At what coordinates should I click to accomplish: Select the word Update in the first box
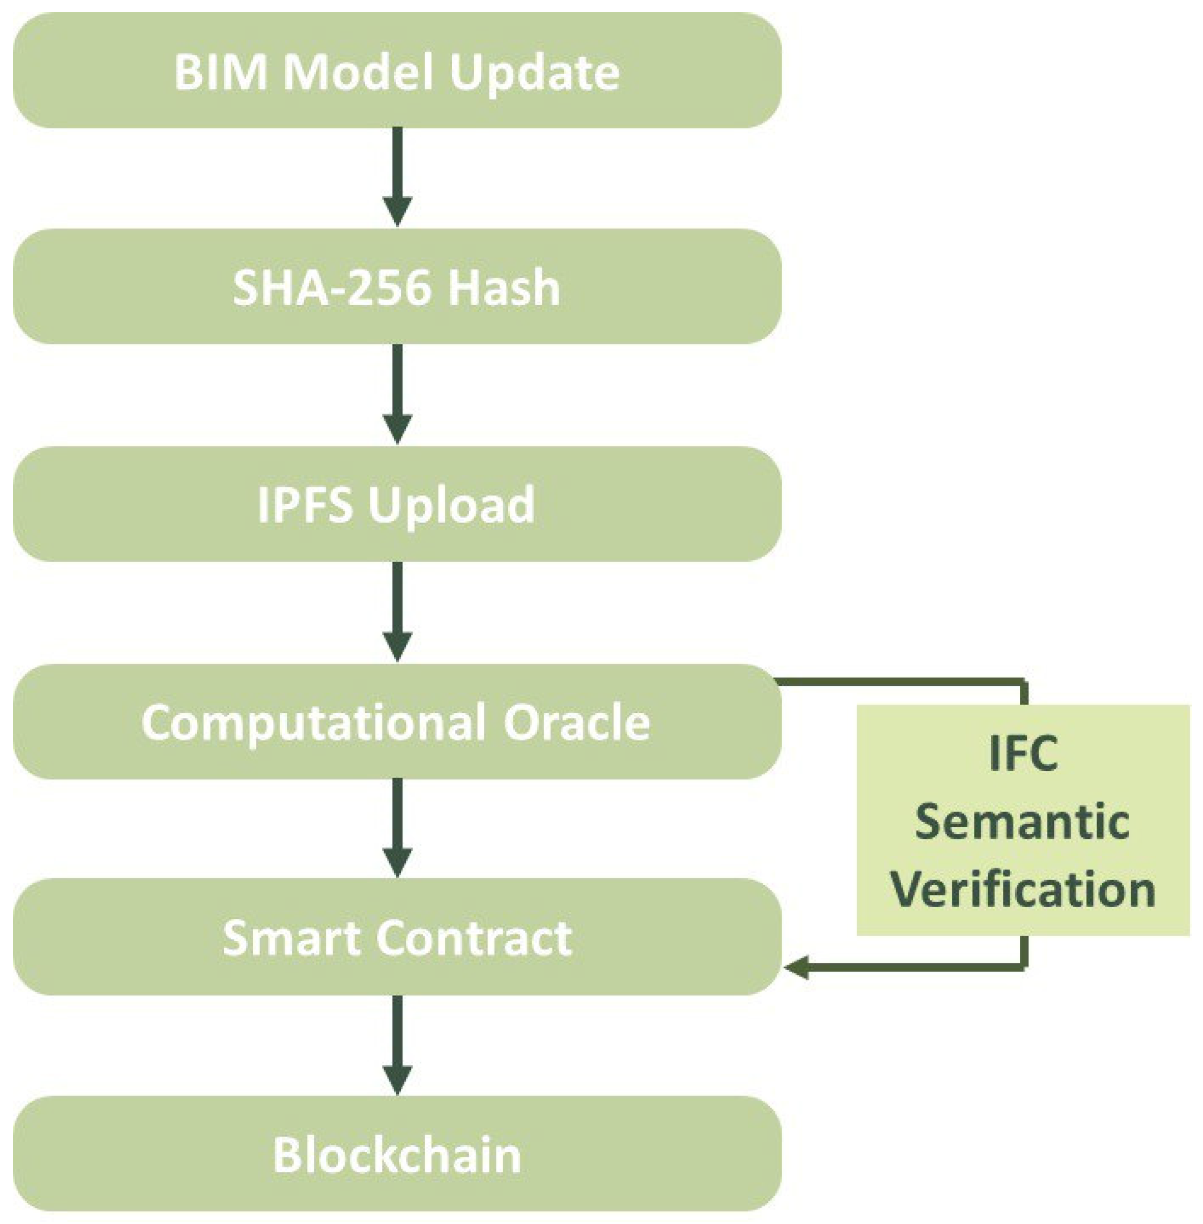(535, 73)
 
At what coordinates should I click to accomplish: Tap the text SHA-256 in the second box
(332, 288)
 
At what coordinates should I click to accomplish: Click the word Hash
(504, 288)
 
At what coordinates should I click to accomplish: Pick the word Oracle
(576, 722)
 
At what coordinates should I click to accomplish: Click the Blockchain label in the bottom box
(397, 1155)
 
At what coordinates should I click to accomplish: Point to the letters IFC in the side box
(1023, 753)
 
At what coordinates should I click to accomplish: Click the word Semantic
(1022, 822)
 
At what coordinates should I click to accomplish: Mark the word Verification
(1023, 890)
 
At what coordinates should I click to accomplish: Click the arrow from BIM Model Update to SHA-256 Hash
(397, 177)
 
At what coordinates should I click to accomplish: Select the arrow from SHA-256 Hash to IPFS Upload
(397, 394)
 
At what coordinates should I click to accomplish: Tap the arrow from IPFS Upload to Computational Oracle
(397, 611)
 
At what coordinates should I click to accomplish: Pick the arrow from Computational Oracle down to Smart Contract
(397, 828)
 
